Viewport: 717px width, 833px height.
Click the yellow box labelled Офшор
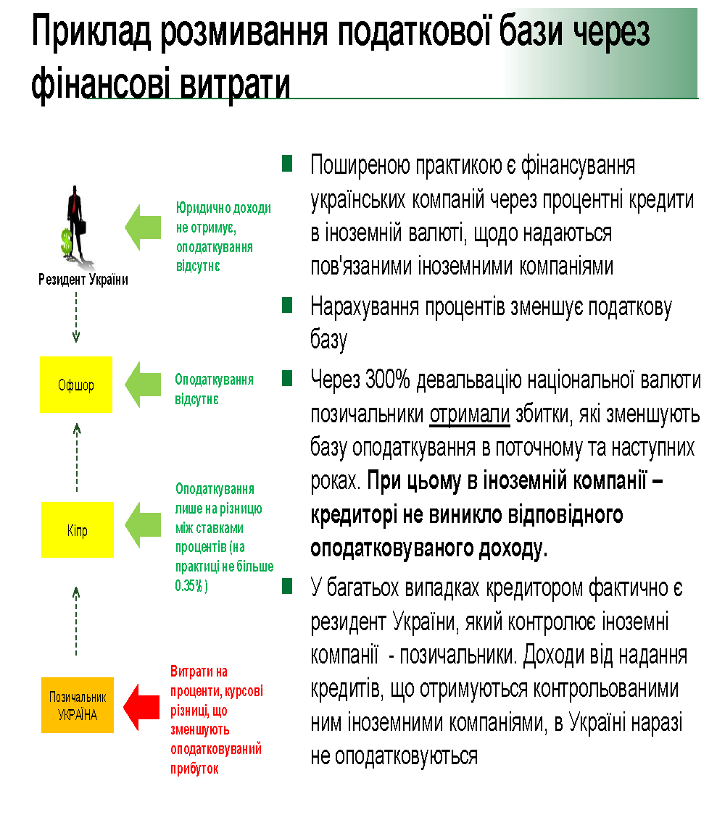tap(76, 385)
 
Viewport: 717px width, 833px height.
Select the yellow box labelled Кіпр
tap(78, 529)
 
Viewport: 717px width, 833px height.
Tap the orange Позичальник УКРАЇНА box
tap(78, 705)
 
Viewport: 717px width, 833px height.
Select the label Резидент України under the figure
tap(83, 280)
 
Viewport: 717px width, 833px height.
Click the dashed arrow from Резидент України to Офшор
tap(76, 316)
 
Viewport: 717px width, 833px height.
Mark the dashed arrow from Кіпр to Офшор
tap(77, 456)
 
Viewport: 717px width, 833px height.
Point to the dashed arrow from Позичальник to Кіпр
tap(77, 619)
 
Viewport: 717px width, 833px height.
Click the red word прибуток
tap(194, 769)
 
